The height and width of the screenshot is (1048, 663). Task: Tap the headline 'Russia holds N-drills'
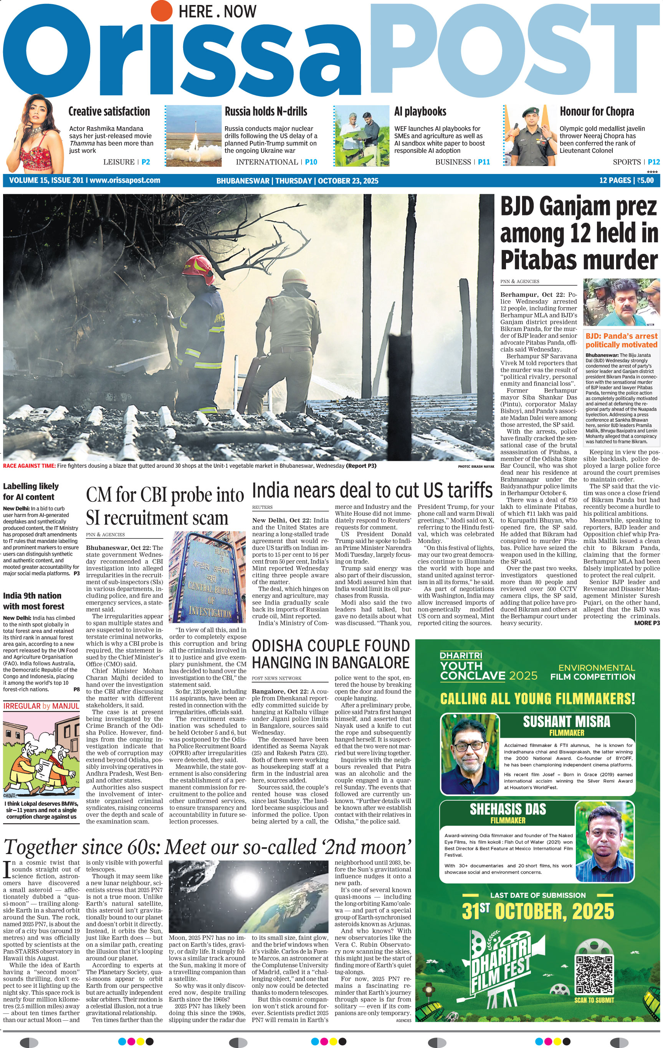coord(266,111)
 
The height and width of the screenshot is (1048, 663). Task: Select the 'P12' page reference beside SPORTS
coord(653,162)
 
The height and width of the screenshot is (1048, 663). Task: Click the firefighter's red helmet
coord(197,266)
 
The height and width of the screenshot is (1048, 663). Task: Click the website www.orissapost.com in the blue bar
coord(125,180)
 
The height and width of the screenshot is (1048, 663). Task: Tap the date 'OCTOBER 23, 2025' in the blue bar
coord(348,180)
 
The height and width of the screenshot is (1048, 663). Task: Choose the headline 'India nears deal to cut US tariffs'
coord(372,490)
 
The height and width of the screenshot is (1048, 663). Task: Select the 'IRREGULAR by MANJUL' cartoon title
coord(41,706)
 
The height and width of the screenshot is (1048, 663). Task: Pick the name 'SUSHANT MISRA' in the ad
coord(566,722)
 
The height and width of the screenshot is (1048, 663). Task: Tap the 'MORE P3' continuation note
coord(646,623)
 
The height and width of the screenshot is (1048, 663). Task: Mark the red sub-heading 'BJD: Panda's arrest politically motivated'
coord(621,340)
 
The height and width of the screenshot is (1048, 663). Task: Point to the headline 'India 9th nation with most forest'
coord(33,601)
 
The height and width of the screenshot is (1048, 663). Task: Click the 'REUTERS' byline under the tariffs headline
coord(262,507)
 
